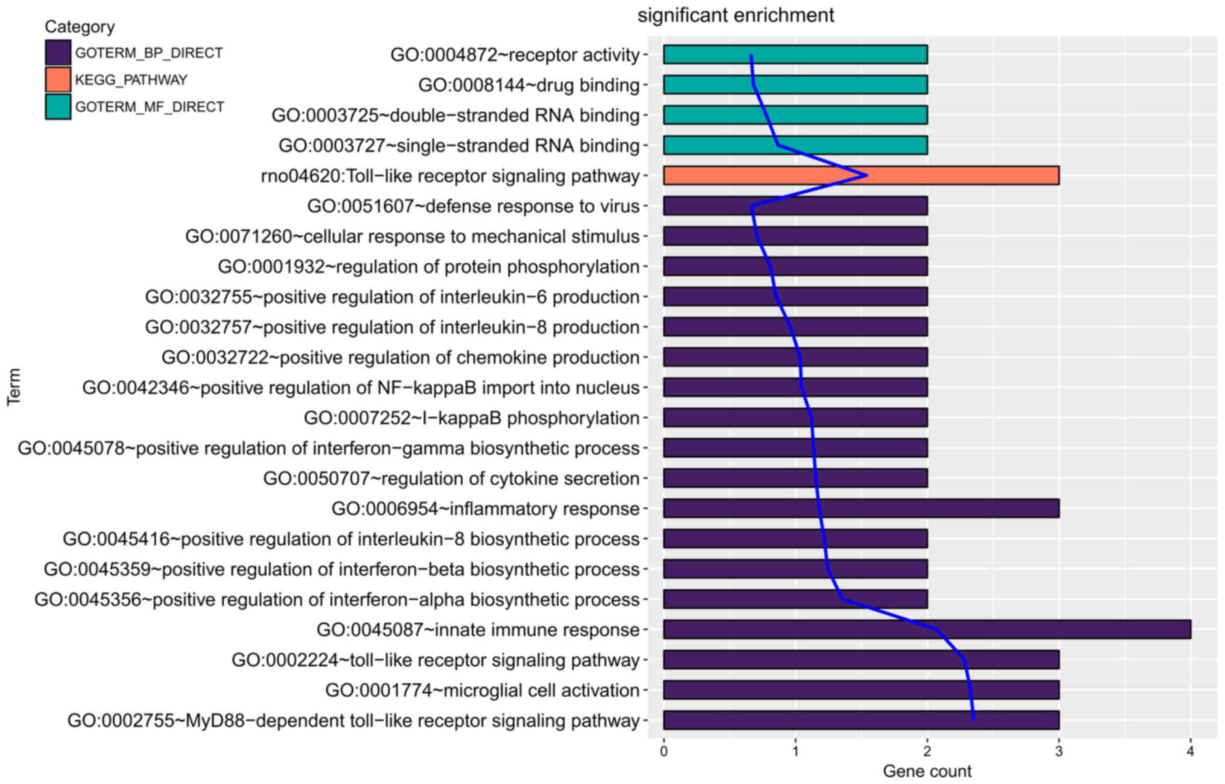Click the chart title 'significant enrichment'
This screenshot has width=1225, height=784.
click(x=735, y=15)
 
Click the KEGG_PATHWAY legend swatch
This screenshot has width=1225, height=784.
click(x=58, y=80)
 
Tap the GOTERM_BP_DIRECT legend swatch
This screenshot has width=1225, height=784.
click(x=58, y=52)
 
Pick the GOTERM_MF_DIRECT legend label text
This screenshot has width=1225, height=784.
click(x=150, y=107)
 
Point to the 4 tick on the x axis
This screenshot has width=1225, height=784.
click(x=1190, y=751)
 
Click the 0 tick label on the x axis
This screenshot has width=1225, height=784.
click(x=663, y=751)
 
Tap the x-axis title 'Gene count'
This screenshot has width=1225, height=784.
click(x=926, y=771)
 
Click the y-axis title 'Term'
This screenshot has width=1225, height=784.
click(x=14, y=387)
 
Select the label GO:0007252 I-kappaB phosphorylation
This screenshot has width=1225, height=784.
click(x=472, y=418)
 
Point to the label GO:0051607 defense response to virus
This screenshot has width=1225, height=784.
click(x=473, y=206)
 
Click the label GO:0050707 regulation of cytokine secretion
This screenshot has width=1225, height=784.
click(x=451, y=478)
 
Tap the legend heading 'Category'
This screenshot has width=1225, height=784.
click(x=80, y=27)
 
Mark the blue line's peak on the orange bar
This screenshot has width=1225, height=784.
click(x=866, y=175)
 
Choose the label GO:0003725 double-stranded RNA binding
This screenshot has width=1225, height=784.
click(x=455, y=115)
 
